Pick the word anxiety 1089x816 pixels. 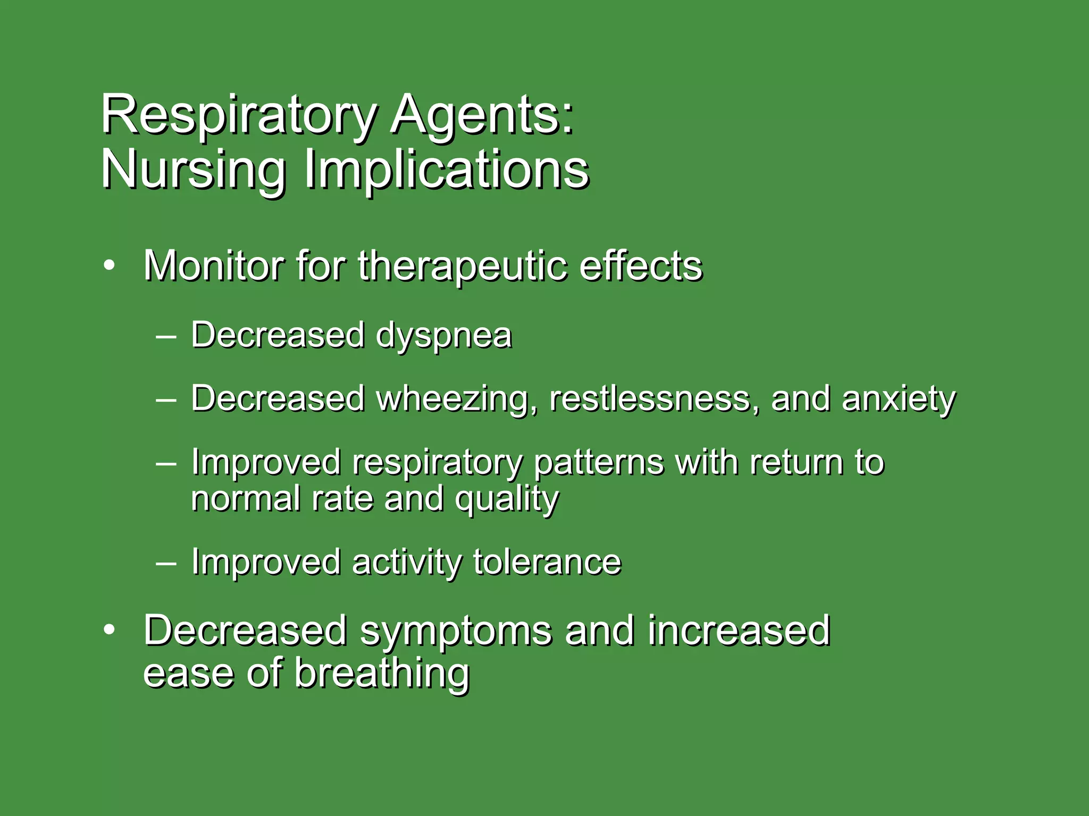click(x=898, y=400)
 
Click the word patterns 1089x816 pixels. click(x=599, y=463)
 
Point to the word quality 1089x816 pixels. click(x=507, y=500)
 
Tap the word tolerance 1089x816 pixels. click(x=547, y=562)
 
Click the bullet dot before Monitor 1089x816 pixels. click(x=109, y=266)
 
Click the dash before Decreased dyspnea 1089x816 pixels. click(x=166, y=336)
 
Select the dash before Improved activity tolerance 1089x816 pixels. click(x=166, y=563)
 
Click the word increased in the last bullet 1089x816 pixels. click(x=739, y=631)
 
